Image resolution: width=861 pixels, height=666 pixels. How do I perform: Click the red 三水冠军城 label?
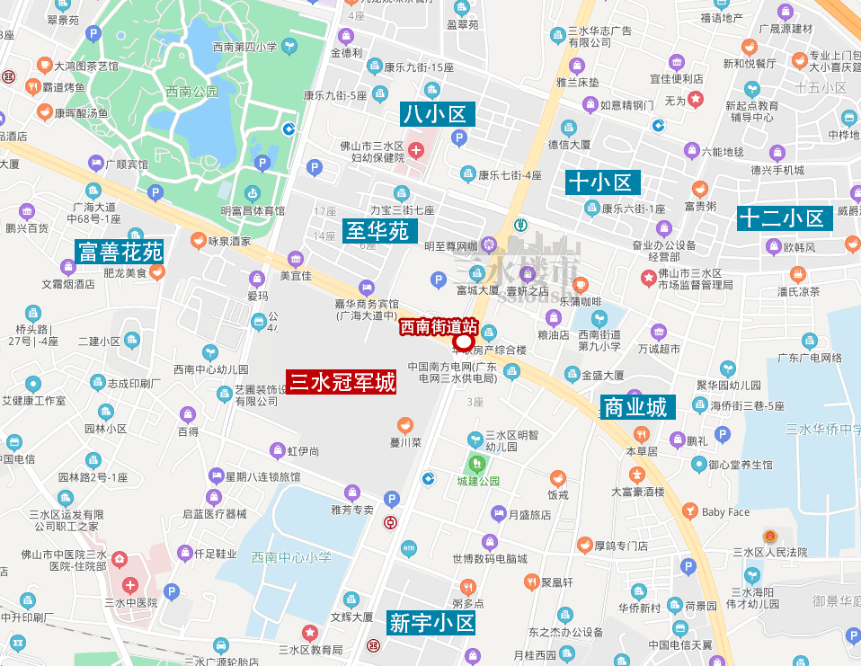point(342,383)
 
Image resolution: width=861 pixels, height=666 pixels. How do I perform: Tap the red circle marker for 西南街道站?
point(464,342)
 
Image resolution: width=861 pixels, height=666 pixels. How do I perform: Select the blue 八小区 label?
point(438,114)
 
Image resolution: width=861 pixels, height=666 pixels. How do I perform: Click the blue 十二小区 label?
point(781,218)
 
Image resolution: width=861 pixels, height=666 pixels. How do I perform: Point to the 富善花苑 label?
point(120,252)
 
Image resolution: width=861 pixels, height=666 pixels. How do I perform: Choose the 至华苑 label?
point(377,231)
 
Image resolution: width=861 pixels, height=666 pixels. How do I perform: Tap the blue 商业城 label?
point(635,407)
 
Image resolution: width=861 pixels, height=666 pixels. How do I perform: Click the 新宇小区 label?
point(431,622)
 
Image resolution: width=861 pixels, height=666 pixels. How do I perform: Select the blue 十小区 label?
point(601,182)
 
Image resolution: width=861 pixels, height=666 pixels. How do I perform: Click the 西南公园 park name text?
point(192,92)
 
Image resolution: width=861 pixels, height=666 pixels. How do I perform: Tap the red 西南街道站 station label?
point(439,326)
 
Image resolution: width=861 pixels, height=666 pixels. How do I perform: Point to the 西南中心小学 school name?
point(291,558)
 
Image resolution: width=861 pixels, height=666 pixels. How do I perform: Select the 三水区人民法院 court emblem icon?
point(769,537)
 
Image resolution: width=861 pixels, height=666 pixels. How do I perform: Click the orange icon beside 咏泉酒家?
point(198,241)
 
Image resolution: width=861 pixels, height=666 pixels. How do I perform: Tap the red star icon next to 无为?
point(696,99)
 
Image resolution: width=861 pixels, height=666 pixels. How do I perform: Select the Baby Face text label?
point(725,512)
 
